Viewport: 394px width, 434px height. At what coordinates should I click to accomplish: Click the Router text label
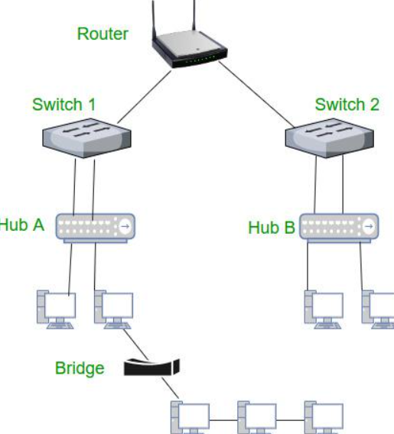click(x=103, y=34)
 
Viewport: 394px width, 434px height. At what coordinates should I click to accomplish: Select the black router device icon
click(x=187, y=53)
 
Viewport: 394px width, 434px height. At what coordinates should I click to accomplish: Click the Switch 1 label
click(x=64, y=104)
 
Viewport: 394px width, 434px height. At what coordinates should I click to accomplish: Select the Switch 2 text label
click(x=347, y=104)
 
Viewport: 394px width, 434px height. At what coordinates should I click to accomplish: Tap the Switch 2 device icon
click(x=331, y=138)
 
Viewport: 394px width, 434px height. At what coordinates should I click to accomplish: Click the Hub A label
click(x=23, y=225)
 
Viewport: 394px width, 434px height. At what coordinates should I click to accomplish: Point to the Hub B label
click(x=271, y=228)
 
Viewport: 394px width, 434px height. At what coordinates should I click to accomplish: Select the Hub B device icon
click(x=340, y=227)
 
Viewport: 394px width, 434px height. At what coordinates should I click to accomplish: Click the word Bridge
click(x=80, y=368)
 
